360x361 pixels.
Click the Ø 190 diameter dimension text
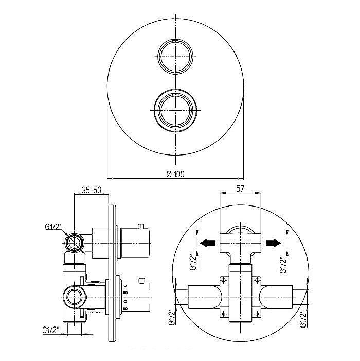[175, 174]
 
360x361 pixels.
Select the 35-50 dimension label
[92, 190]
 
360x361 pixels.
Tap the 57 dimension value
[240, 188]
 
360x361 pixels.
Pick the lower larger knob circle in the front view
[175, 90]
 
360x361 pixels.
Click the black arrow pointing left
[207, 243]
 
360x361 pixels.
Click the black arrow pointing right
[273, 243]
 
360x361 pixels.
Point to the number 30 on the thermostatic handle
[125, 293]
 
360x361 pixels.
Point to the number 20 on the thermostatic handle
[125, 308]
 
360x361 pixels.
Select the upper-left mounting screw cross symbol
[223, 280]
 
